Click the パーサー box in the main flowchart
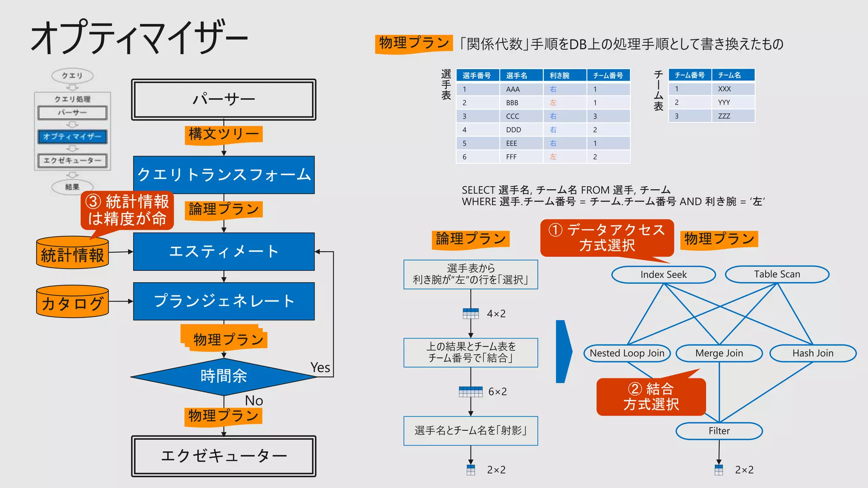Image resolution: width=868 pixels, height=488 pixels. click(223, 100)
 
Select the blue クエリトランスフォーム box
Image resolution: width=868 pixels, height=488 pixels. click(223, 175)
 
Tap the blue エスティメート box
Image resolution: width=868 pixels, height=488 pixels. click(223, 251)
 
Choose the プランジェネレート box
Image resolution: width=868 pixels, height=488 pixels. click(223, 301)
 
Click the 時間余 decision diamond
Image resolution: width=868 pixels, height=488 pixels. click(223, 376)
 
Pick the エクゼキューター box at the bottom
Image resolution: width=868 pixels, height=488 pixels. click(223, 456)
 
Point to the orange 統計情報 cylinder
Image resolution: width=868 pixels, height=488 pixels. click(72, 254)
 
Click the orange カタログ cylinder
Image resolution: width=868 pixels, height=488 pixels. click(72, 302)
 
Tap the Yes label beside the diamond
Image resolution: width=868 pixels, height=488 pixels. click(320, 368)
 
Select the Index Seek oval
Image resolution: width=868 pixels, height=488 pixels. click(663, 274)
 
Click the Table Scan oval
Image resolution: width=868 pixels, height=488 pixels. click(777, 274)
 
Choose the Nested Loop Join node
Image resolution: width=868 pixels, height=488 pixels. click(627, 353)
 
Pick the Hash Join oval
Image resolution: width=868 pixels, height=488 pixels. click(812, 353)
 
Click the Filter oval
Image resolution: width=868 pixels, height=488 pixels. click(719, 431)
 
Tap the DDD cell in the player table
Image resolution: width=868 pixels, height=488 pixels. click(513, 130)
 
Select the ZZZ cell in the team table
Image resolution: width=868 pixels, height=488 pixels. click(724, 116)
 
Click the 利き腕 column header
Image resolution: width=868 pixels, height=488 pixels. click(559, 75)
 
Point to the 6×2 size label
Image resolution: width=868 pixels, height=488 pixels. click(497, 391)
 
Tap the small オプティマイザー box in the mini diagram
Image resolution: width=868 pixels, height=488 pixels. click(72, 136)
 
